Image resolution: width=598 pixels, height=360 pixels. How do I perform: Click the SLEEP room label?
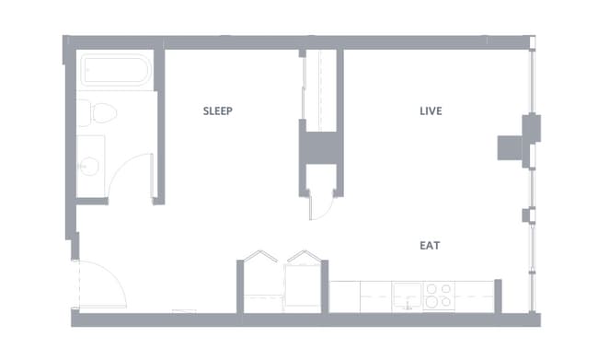218,111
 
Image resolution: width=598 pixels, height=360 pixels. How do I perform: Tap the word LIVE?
431,111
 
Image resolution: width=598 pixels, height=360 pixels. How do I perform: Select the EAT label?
430,246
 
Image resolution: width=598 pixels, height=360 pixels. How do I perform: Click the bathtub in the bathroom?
116,72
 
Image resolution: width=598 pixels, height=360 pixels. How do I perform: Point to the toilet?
98,113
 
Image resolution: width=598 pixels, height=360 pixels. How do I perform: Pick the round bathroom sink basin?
89,166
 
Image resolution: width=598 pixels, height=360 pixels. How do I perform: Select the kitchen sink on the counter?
407,296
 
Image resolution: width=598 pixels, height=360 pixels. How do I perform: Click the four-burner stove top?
439,296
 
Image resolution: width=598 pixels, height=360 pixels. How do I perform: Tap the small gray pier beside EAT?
527,215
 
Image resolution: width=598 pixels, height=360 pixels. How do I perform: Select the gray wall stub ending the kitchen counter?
498,295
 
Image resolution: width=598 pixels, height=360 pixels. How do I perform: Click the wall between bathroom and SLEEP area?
158,124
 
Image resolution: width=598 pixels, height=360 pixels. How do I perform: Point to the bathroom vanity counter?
90,166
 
